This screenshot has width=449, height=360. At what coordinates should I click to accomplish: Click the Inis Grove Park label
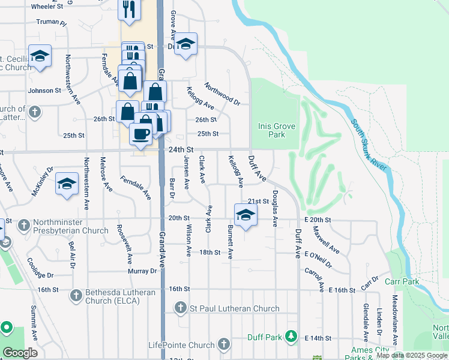click(276, 131)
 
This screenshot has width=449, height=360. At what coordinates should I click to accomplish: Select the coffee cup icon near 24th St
click(141, 134)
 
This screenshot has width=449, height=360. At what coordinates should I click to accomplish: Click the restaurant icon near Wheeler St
click(130, 7)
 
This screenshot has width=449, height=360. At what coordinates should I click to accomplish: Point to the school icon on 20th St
click(245, 215)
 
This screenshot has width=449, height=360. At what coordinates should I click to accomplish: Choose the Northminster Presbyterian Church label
click(71, 226)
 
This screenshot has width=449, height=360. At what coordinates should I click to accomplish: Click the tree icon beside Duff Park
click(291, 336)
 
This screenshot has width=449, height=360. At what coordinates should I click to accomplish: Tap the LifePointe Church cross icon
click(224, 344)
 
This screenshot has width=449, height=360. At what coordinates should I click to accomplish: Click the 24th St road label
click(181, 149)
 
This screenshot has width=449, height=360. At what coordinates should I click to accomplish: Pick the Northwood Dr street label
click(222, 93)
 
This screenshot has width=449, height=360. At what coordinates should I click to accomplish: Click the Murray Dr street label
click(142, 271)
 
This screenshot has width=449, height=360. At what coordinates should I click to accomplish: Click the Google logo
click(20, 353)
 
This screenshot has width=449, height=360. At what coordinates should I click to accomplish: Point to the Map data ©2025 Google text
click(411, 356)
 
